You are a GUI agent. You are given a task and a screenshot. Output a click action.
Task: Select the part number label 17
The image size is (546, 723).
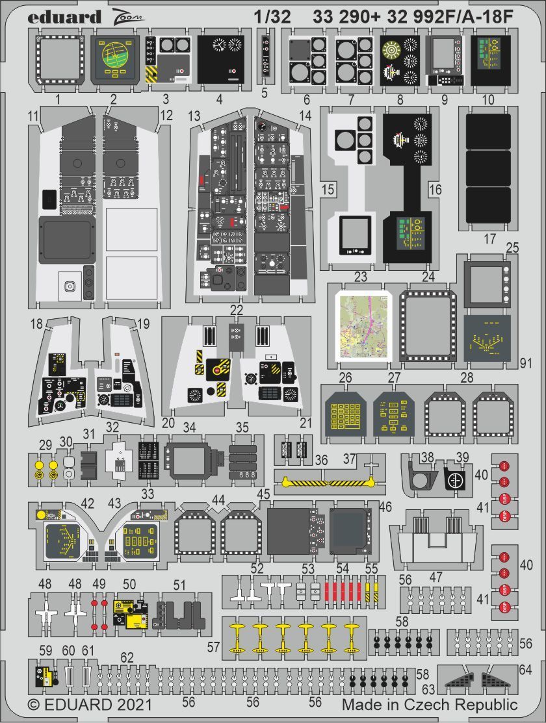(490, 238)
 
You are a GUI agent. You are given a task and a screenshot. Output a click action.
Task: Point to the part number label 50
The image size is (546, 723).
(129, 585)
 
